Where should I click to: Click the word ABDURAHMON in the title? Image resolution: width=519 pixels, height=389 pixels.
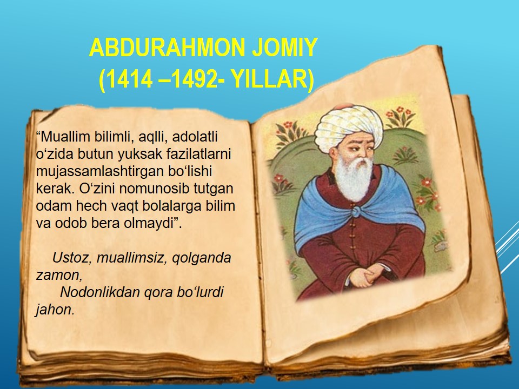point(167,48)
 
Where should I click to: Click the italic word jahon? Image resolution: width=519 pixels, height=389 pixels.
point(55,310)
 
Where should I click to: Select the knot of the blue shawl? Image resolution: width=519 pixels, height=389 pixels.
point(356,211)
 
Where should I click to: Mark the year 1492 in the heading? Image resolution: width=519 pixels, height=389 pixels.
point(192,79)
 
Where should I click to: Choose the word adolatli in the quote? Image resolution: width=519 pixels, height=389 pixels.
point(195,137)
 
